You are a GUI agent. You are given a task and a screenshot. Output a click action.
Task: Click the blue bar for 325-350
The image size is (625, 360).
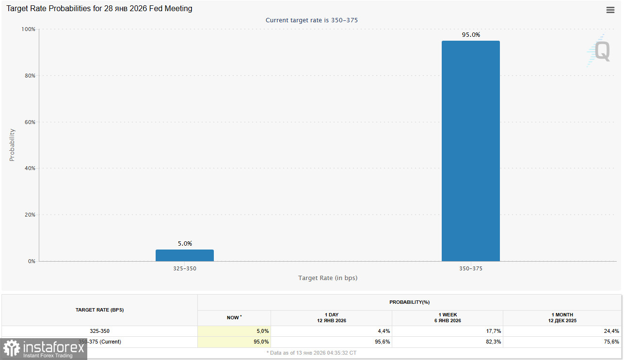184,255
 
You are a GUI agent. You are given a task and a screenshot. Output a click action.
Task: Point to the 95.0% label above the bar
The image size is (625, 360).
470,35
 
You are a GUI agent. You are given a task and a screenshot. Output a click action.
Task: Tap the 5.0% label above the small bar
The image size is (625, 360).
184,244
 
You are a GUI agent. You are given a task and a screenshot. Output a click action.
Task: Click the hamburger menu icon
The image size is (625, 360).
610,10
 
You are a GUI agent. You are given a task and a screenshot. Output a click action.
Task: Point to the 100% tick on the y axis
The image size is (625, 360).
29,29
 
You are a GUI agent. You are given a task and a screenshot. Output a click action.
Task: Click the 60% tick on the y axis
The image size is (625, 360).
30,122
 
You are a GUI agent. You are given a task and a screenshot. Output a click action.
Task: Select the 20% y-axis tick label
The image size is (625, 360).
30,215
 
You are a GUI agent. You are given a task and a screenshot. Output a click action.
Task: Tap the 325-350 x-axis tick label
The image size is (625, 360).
184,268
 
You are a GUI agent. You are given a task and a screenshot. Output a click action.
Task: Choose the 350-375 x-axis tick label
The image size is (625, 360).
470,268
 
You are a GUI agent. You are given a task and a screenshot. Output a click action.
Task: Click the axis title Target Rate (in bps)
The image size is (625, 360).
327,278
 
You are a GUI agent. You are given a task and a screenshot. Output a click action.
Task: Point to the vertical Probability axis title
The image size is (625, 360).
12,145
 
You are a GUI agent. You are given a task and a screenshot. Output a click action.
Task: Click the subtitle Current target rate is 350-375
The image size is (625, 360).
312,20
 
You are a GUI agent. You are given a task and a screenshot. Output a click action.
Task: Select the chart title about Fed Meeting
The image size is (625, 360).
99,9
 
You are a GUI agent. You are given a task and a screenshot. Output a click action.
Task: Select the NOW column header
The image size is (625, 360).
234,317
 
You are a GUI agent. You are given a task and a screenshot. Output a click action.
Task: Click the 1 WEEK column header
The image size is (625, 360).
447,317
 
